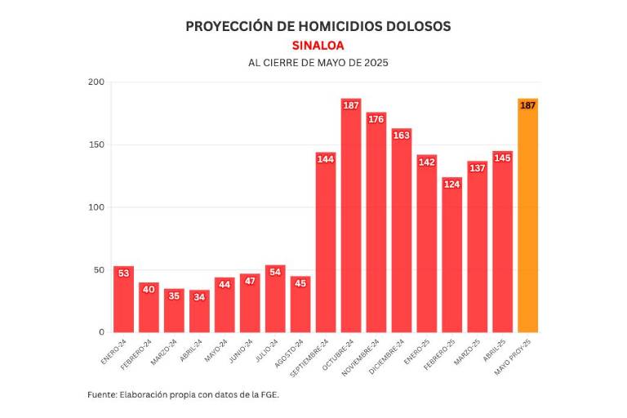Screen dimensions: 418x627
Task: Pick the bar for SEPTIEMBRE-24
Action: [326, 245]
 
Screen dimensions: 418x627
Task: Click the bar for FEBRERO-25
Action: [451, 257]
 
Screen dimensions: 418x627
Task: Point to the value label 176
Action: [376, 119]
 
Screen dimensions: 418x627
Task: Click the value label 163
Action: [402, 136]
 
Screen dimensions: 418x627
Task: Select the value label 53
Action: [124, 273]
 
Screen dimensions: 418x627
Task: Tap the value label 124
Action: [451, 184]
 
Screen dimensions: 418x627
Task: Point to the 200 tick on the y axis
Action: [96, 82]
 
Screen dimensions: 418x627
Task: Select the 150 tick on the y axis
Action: [96, 145]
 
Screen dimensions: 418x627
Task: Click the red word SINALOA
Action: [318, 46]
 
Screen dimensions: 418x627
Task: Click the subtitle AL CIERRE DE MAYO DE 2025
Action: [318, 63]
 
